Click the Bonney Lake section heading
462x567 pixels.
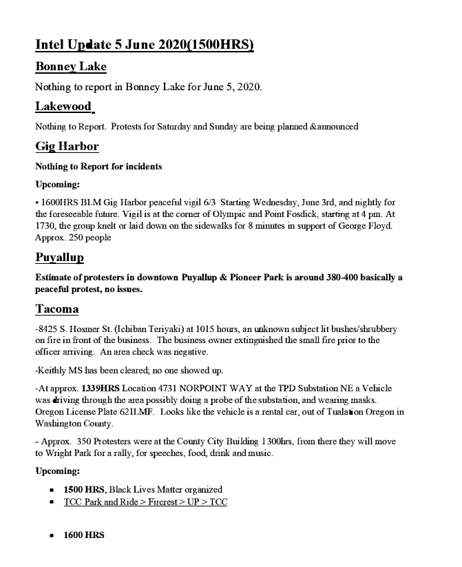point(71,67)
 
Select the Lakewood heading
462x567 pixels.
point(63,106)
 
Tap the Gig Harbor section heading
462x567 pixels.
point(67,146)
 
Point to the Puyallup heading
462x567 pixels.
point(59,258)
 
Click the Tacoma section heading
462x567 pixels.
point(56,309)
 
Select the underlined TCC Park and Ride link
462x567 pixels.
point(145,502)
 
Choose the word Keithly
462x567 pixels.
point(51,371)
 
